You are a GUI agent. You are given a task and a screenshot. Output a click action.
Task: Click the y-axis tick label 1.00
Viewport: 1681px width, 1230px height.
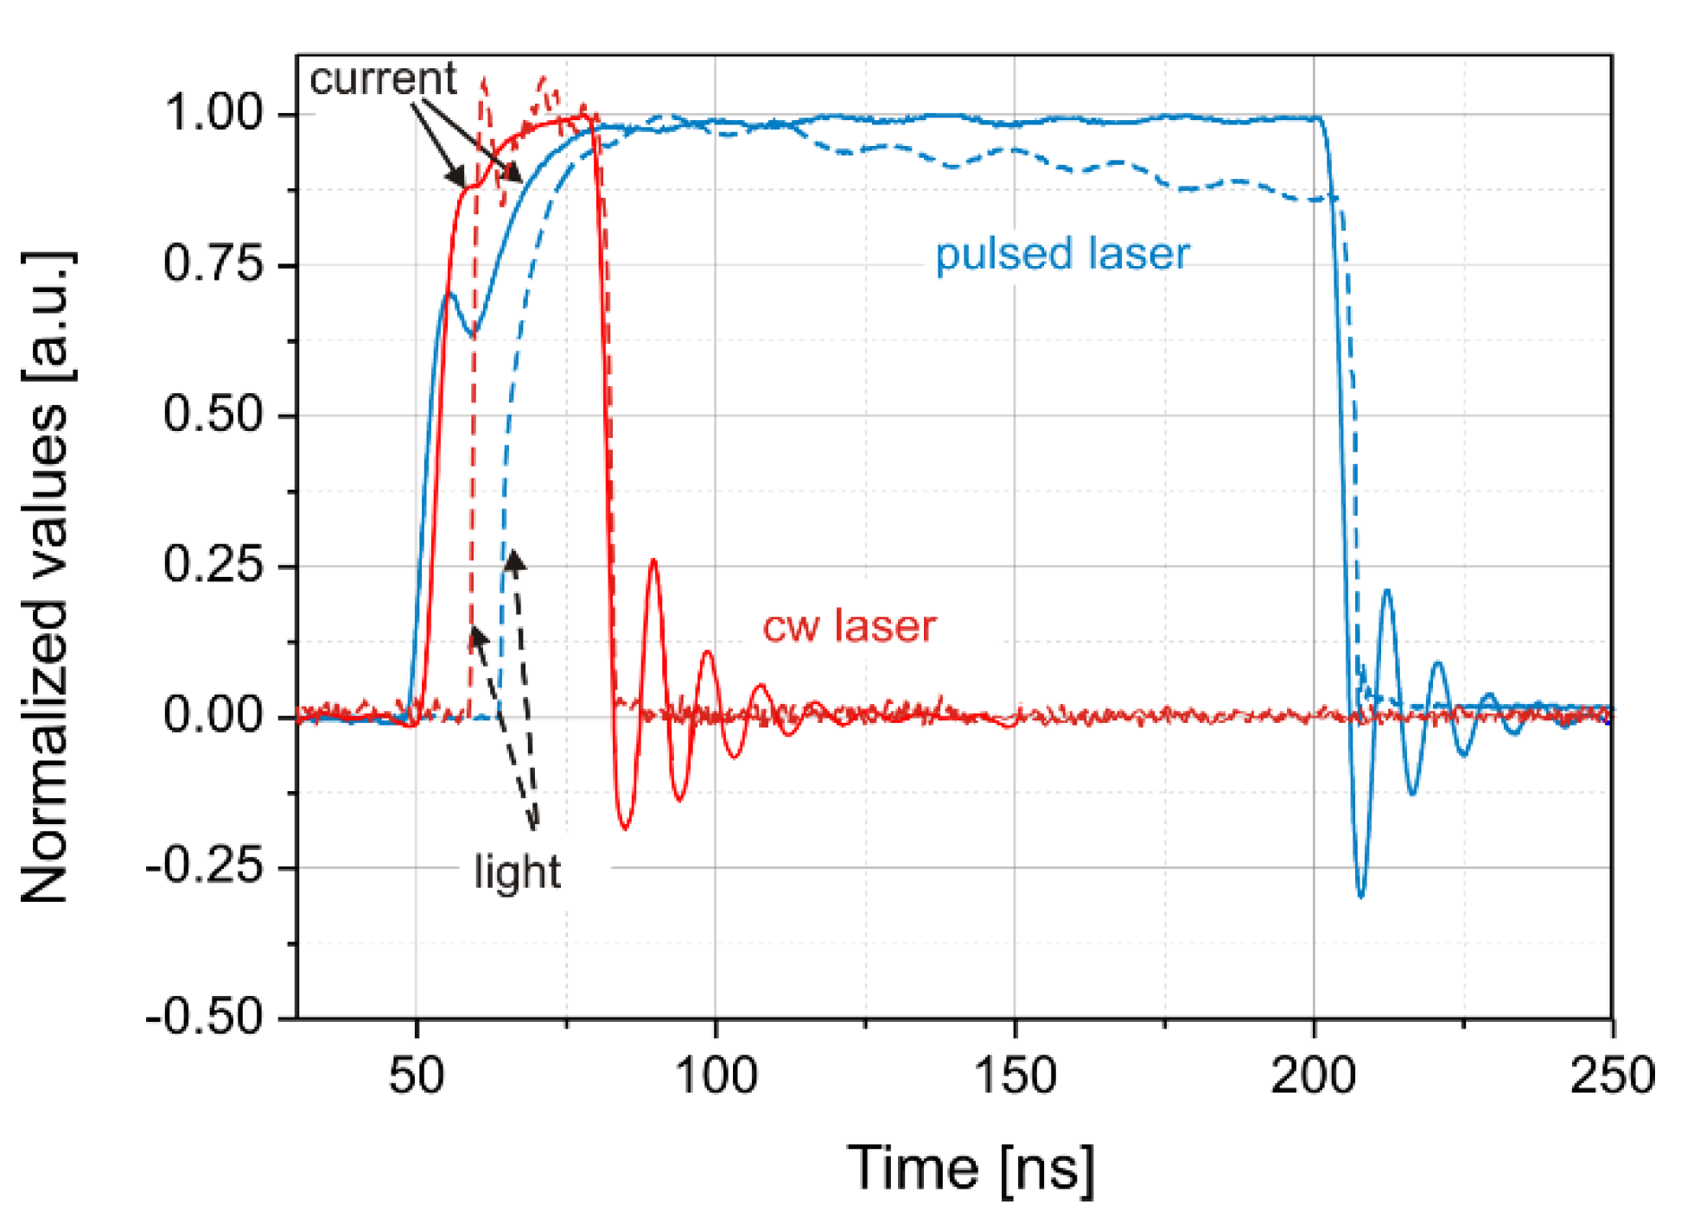[x=213, y=113]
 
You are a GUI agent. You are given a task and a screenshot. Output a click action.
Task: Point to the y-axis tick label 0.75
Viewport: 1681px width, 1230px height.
[x=213, y=263]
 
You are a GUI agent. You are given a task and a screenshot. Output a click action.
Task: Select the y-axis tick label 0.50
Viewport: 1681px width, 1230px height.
[x=213, y=415]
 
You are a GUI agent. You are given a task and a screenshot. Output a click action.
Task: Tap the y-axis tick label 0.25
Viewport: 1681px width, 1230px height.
[x=213, y=566]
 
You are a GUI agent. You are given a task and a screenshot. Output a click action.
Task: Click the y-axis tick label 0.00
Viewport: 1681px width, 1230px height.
[x=213, y=716]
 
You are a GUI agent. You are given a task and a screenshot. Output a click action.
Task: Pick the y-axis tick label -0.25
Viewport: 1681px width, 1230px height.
[x=205, y=866]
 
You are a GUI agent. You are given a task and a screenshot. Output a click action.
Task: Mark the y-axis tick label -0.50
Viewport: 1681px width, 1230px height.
[x=205, y=1017]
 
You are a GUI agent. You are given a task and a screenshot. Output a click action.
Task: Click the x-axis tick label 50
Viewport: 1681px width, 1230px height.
[x=417, y=1076]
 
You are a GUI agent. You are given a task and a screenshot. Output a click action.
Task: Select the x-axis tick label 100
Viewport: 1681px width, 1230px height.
[x=716, y=1076]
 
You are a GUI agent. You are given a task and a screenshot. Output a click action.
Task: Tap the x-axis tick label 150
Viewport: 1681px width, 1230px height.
[x=1015, y=1076]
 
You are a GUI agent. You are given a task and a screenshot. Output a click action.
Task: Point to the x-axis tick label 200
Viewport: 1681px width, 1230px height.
[x=1314, y=1076]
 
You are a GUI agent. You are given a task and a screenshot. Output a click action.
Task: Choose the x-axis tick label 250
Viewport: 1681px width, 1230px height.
[x=1612, y=1076]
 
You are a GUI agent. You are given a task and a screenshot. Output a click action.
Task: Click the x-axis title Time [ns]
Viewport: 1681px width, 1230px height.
[x=971, y=1169]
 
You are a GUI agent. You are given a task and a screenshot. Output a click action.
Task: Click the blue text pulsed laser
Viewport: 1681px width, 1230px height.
[x=1062, y=254]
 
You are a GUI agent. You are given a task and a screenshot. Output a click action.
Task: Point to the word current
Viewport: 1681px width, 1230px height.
[x=383, y=79]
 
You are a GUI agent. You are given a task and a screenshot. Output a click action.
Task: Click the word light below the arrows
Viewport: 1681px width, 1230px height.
[x=517, y=872]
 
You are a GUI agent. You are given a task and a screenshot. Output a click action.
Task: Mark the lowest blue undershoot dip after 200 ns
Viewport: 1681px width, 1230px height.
[x=1361, y=897]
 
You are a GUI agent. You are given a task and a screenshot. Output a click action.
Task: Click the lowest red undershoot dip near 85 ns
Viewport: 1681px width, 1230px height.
[x=625, y=828]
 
